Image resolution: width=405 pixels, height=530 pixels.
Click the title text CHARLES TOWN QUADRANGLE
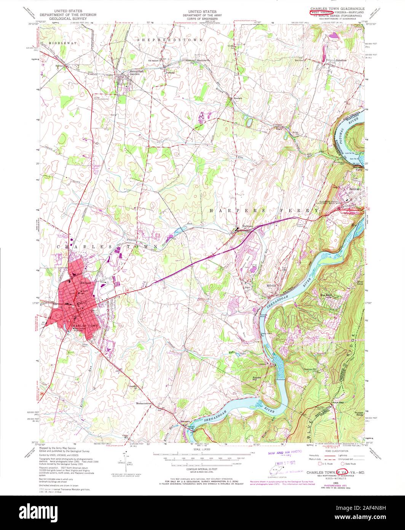tap(337, 8)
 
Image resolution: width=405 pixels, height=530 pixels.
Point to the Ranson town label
tap(85, 283)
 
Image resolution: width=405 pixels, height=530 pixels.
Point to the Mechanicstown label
tap(147, 403)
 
